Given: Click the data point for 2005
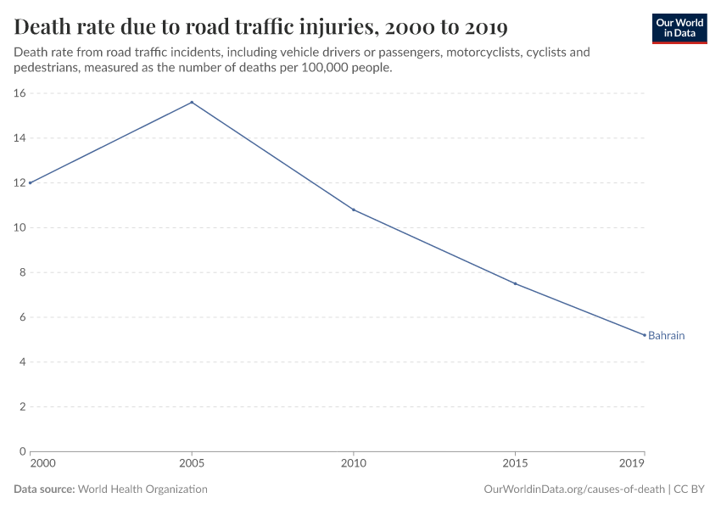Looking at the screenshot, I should [192, 103].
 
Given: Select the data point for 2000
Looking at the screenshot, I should [31, 182].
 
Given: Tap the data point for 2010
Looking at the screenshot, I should [353, 210].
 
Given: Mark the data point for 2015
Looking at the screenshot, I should [515, 283].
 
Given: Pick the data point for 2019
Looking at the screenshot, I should [644, 334].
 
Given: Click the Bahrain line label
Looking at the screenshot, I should [666, 336].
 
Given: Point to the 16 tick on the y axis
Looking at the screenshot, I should [20, 93].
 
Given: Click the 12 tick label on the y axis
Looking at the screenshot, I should [20, 183].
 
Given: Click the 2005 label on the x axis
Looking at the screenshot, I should [192, 464].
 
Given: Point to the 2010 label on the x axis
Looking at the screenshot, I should [353, 464].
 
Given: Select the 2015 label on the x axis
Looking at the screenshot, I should [515, 464].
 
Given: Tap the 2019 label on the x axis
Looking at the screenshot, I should [632, 464].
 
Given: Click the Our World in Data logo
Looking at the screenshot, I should [679, 28].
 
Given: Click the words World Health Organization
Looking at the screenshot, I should [143, 489].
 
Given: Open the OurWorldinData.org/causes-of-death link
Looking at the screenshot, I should [573, 489].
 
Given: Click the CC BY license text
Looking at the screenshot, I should [690, 489].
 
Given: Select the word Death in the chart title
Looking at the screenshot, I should [47, 28].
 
